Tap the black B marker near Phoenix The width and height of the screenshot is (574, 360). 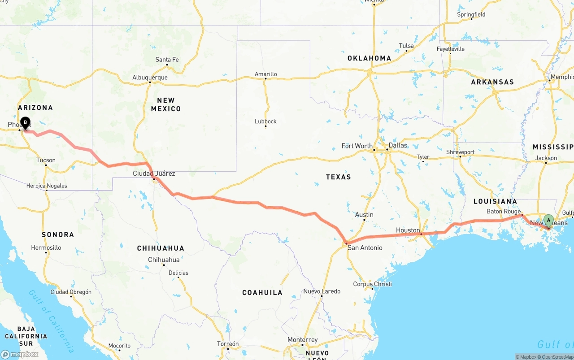pos(25,122)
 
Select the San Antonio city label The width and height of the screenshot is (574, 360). pos(365,247)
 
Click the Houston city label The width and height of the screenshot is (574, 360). pos(408,230)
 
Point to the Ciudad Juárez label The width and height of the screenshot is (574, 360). pos(154,173)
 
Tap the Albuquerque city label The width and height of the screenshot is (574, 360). pos(150,78)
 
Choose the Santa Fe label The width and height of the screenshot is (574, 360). pos(167,60)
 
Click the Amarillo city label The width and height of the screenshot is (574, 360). pos(266,74)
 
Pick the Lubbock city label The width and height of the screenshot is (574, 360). pos(265,121)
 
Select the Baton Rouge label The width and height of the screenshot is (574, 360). pos(504,211)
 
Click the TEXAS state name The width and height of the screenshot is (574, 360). pos(338,177)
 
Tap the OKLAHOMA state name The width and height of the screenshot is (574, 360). pos(369,58)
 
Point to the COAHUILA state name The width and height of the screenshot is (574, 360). pos(262,292)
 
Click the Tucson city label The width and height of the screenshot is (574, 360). pos(46,160)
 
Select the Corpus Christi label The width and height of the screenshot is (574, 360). pos(372,284)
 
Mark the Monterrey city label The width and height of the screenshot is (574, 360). pos(303,340)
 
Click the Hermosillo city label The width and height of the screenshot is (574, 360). pos(46,247)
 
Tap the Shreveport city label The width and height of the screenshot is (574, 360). pos(460,152)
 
